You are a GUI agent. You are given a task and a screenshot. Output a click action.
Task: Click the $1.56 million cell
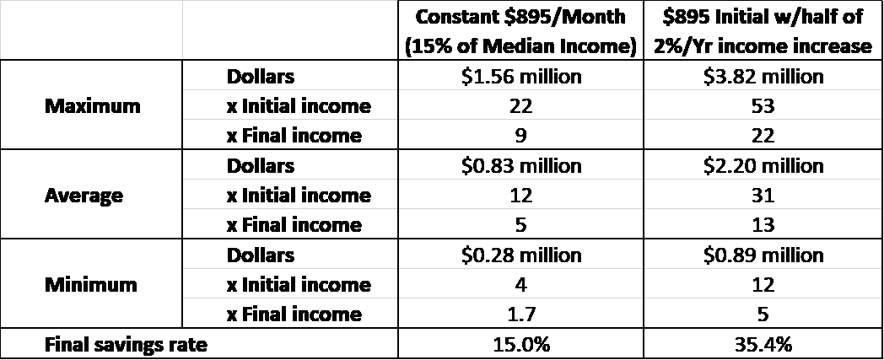tap(520, 76)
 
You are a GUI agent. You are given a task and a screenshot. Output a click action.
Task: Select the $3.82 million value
tap(763, 76)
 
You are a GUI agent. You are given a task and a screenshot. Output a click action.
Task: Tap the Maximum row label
tap(93, 105)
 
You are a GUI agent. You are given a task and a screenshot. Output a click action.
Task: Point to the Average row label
tap(84, 196)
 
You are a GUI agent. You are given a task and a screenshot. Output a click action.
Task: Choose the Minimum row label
tap(91, 284)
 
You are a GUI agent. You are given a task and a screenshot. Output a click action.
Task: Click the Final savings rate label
tap(126, 344)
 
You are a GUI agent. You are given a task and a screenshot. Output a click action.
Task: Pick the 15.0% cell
tap(520, 344)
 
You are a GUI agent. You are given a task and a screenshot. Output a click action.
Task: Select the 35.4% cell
tap(763, 344)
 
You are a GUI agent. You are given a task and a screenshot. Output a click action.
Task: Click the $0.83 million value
tap(520, 165)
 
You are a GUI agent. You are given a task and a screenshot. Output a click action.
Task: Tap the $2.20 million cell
tap(763, 165)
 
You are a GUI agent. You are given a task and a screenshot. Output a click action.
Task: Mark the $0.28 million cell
tap(520, 255)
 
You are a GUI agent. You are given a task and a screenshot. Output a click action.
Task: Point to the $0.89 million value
tap(763, 255)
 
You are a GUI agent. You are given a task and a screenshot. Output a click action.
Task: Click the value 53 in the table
tap(763, 106)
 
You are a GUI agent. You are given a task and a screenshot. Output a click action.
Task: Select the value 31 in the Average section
tap(763, 196)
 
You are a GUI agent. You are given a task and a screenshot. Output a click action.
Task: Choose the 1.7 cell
tap(520, 314)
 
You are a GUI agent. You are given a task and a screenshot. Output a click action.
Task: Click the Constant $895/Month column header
tap(520, 31)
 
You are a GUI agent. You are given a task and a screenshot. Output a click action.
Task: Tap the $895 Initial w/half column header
tap(763, 31)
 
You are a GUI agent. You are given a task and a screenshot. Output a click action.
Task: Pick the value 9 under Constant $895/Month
tap(520, 136)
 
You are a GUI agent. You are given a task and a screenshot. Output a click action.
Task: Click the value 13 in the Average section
tap(763, 225)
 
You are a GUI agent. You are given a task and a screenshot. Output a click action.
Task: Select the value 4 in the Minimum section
tap(520, 284)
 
